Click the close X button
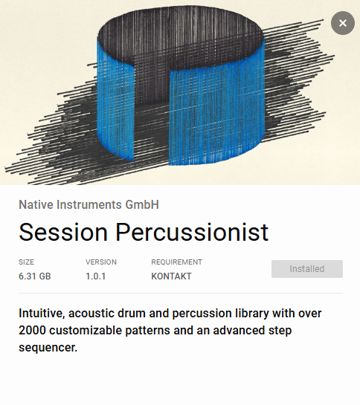342,23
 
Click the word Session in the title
63,232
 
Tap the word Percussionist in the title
191,232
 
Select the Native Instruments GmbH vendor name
89,204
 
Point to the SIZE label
27,262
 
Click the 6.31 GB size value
35,276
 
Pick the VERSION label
101,262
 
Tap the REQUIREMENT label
176,262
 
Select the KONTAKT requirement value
171,276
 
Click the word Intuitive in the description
44,314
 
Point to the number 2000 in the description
33,330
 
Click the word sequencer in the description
48,346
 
